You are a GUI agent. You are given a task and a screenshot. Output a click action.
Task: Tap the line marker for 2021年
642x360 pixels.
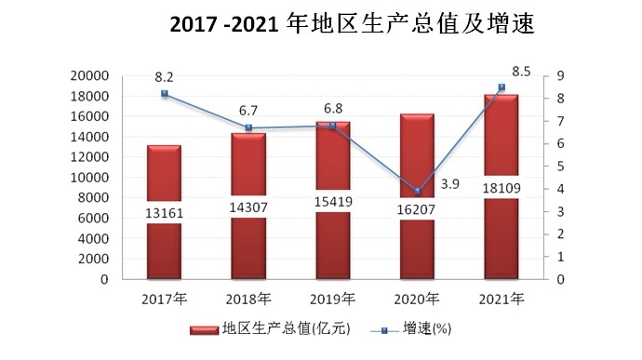coord(502,87)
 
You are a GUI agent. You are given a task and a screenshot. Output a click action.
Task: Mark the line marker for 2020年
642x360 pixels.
coord(418,192)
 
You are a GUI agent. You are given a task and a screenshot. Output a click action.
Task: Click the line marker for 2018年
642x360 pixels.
coord(248,128)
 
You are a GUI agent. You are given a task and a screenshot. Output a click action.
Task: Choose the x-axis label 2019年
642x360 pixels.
coord(333,299)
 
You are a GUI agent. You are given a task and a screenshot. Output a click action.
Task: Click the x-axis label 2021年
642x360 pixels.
coord(502,299)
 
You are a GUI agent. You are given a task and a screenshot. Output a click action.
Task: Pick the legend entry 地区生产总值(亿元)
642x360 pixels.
coord(272,328)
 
